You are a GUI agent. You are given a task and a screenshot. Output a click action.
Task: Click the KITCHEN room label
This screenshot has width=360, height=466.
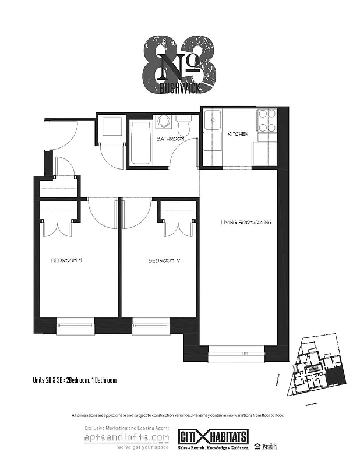238,134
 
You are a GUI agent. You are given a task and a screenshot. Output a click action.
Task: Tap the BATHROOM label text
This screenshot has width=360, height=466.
170,139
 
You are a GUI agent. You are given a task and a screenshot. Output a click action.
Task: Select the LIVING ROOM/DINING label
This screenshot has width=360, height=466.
246,223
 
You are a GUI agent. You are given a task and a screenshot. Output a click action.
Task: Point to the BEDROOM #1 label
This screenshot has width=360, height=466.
65,261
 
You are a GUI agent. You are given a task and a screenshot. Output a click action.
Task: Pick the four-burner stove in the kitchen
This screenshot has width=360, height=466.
267,121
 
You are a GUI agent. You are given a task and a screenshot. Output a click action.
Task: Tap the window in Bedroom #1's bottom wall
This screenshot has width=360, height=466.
76,327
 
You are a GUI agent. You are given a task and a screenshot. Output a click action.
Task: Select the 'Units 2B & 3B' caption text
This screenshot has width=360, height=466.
75,380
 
